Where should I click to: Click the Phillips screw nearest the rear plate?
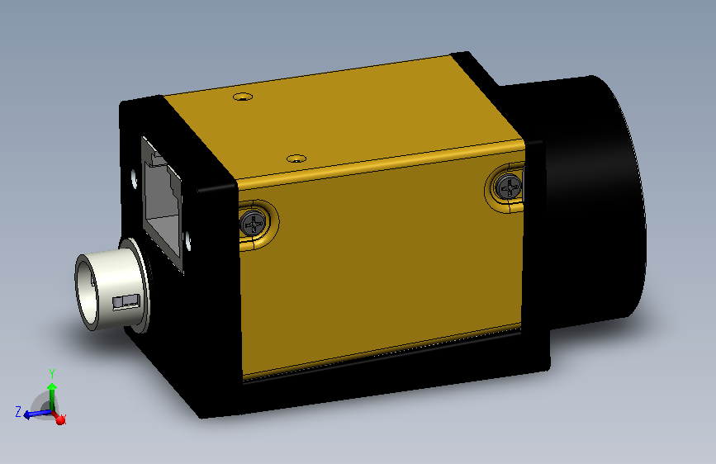[x=254, y=222]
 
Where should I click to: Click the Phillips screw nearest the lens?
[x=509, y=187]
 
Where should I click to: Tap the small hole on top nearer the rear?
[x=242, y=97]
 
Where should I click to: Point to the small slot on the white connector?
[x=125, y=301]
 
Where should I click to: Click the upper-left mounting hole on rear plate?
[x=134, y=177]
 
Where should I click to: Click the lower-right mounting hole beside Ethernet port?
[x=189, y=241]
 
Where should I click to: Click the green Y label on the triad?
[x=51, y=373]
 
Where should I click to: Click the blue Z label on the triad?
[x=17, y=410]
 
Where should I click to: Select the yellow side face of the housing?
[x=380, y=264]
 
